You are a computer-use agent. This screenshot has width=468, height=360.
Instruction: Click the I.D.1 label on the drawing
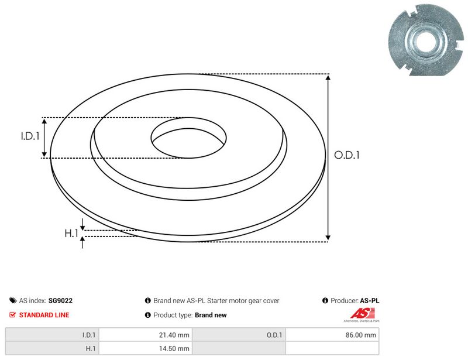(30, 136)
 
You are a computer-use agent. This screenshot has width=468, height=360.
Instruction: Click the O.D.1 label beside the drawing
(347, 155)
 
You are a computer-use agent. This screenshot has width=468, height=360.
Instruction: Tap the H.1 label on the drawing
(71, 233)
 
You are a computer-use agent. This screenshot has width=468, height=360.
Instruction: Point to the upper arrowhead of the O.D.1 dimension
(328, 78)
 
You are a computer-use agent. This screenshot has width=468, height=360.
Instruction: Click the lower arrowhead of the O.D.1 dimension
(328, 238)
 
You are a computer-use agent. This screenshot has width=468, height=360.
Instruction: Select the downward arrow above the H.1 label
(82, 224)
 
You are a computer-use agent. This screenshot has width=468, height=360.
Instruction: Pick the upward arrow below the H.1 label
(82, 242)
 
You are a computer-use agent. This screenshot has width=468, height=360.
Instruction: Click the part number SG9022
(61, 300)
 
